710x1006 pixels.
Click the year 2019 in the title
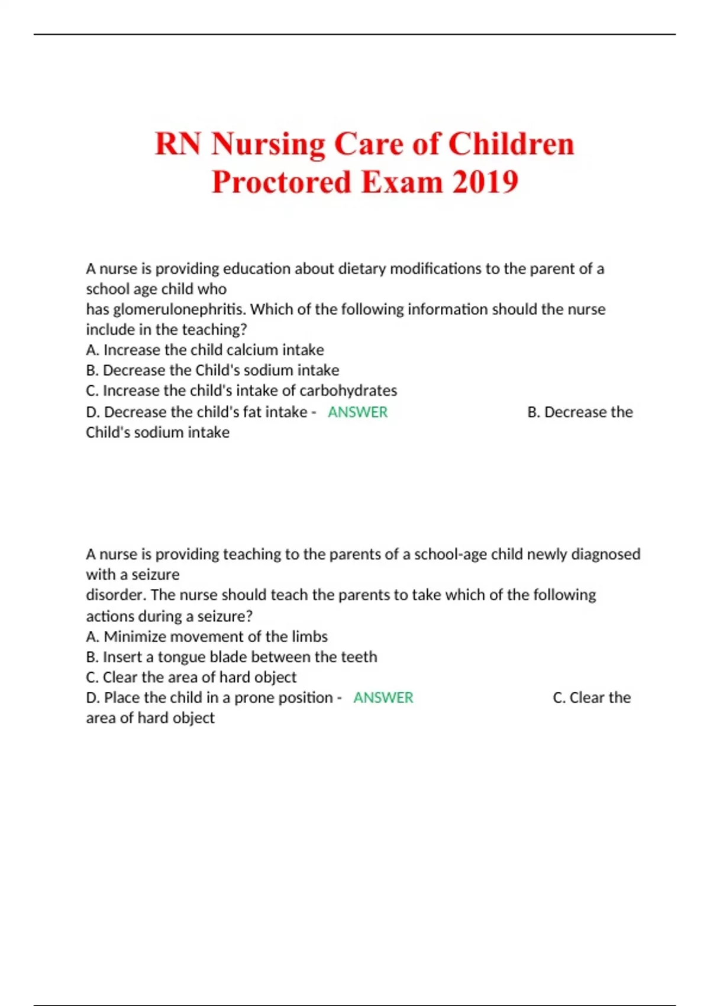point(486,182)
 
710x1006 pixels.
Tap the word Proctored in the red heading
point(281,182)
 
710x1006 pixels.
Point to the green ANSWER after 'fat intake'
point(357,412)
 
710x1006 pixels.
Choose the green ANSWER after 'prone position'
point(383,698)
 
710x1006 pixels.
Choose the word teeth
point(359,657)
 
